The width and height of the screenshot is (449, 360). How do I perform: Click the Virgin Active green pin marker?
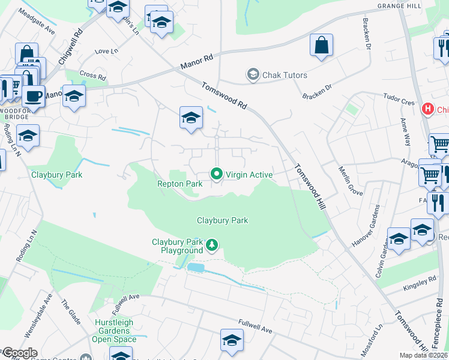pos(217,175)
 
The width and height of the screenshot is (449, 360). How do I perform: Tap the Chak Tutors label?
pos(285,75)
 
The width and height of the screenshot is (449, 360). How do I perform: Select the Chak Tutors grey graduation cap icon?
pos(253,75)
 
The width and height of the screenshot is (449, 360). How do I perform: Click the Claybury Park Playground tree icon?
pos(211,245)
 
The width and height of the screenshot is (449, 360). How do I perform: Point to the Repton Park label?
pos(179,184)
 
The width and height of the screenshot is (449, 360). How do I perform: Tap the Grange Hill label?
pos(399,6)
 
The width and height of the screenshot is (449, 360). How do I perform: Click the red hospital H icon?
pos(427,109)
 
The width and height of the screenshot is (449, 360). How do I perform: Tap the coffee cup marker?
pos(33,95)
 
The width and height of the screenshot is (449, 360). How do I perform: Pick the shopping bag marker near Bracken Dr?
pos(321,45)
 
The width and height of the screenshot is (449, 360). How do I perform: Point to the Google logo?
pos(19,353)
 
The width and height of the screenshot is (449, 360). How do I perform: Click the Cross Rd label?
pos(92,77)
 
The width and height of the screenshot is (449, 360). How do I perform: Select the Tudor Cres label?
pos(399,99)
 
